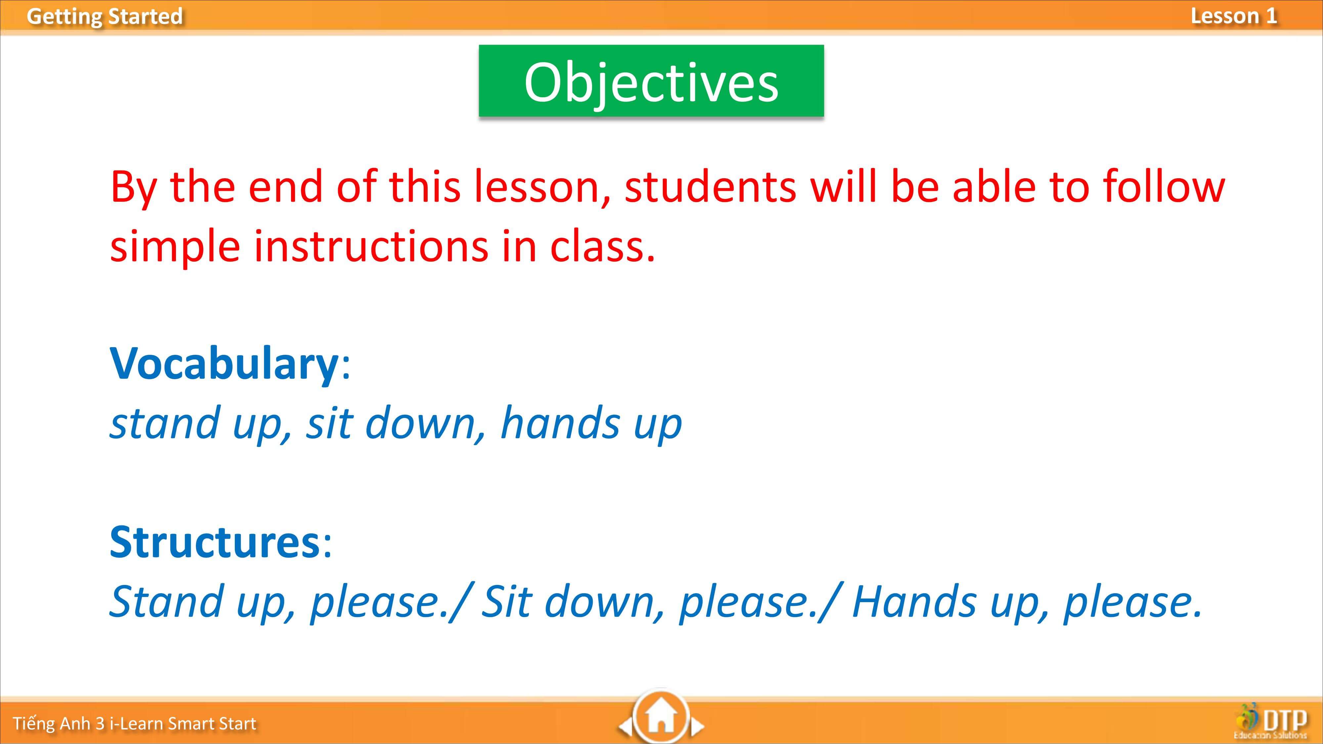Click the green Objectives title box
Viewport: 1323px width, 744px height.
coord(651,81)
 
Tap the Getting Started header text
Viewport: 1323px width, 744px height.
coord(105,16)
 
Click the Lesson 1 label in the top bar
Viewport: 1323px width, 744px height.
coord(1234,16)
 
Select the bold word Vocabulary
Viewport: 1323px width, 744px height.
coord(224,363)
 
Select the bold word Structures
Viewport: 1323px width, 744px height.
coord(215,542)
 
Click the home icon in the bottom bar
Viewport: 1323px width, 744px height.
coord(661,718)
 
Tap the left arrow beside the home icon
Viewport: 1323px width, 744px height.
coord(624,726)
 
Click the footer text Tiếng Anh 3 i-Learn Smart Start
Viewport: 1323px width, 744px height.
coord(135,723)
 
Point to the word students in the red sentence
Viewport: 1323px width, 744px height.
coord(710,186)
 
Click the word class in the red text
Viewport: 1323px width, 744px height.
coord(601,246)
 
